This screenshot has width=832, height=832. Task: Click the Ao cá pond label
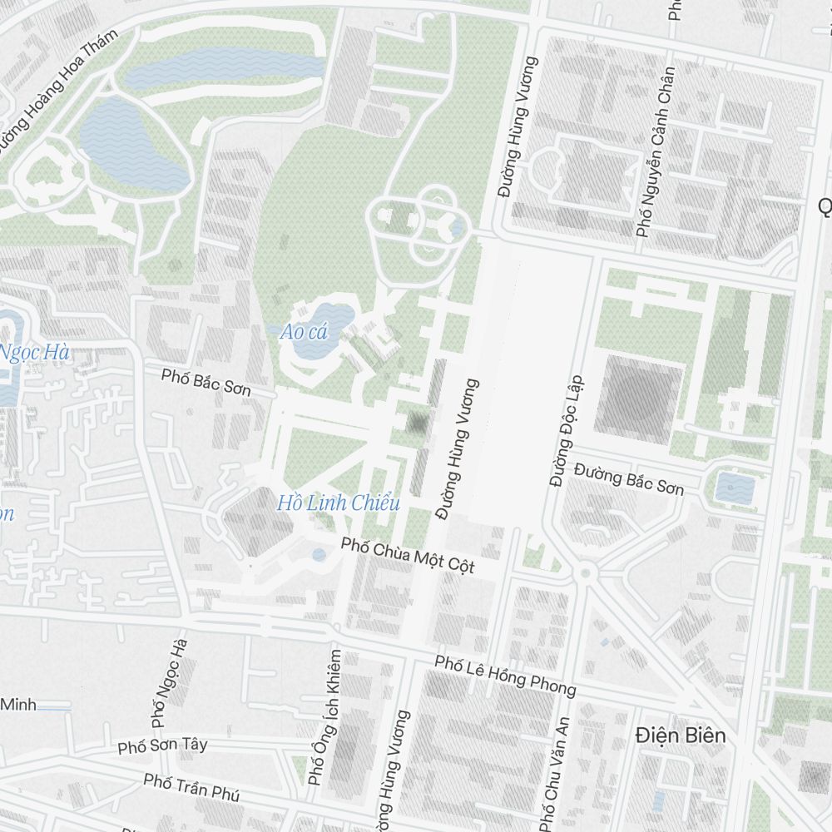pyautogui.click(x=304, y=332)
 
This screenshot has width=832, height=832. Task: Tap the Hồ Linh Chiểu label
pyautogui.click(x=339, y=503)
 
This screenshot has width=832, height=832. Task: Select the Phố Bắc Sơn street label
pyautogui.click(x=206, y=384)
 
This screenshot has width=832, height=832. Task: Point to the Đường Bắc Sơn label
pyautogui.click(x=629, y=480)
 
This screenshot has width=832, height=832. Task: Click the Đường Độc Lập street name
pyautogui.click(x=567, y=431)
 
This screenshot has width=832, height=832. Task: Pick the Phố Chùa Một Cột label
pyautogui.click(x=408, y=556)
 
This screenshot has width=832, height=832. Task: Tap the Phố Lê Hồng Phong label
pyautogui.click(x=505, y=675)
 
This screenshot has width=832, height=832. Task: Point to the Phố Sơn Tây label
pyautogui.click(x=162, y=745)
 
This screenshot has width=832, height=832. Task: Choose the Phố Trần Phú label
pyautogui.click(x=191, y=786)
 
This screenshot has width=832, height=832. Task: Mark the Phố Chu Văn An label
pyautogui.click(x=554, y=772)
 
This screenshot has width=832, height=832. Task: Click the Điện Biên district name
pyautogui.click(x=680, y=735)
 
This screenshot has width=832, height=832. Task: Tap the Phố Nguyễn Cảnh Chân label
pyautogui.click(x=655, y=152)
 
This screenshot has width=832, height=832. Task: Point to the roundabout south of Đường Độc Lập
pyautogui.click(x=585, y=572)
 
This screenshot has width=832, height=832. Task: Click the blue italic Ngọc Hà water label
pyautogui.click(x=33, y=353)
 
